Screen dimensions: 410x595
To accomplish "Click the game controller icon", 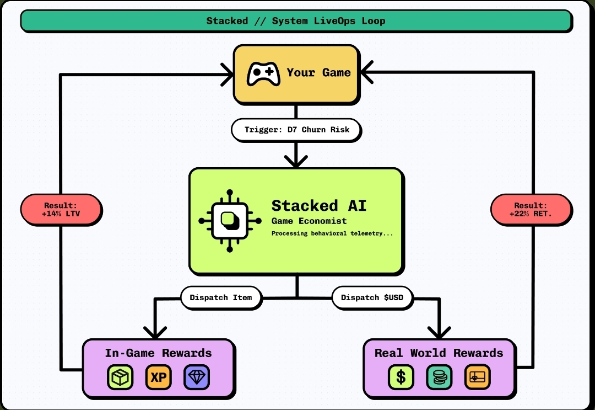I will (x=263, y=73).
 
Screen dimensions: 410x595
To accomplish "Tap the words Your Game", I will (x=318, y=73).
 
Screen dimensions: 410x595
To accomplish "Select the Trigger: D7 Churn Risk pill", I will (x=296, y=130).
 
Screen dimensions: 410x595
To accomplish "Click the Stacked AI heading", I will (x=318, y=206).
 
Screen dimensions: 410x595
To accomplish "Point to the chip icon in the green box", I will (x=229, y=221).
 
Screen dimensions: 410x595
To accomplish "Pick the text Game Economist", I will (x=309, y=221).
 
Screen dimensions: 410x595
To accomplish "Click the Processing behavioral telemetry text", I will (x=332, y=234).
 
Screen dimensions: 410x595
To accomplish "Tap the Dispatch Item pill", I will (x=221, y=297).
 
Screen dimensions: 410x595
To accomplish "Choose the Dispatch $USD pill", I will (x=372, y=297).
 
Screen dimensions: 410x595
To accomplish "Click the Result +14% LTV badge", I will (x=61, y=210).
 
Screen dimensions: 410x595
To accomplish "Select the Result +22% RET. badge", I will (x=531, y=210).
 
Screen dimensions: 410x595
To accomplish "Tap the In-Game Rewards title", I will (x=158, y=353).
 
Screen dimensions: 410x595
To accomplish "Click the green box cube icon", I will (x=120, y=378).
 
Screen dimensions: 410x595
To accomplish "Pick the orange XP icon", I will (x=159, y=378).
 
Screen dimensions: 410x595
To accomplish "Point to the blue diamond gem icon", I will (x=197, y=378).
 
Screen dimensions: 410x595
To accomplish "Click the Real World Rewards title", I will (x=439, y=353).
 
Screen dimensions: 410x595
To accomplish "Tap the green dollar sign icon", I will (x=401, y=378).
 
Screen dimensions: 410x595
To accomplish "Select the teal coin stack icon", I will (x=439, y=378).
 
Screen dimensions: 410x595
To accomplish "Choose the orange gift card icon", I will (x=477, y=378).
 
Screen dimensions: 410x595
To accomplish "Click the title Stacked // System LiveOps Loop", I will (x=296, y=21).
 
